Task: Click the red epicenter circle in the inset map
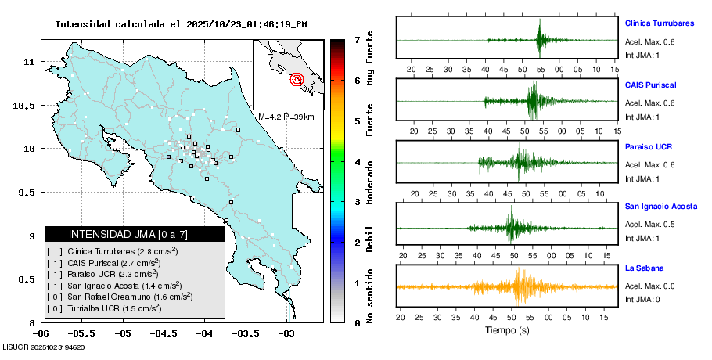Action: (x=297, y=78)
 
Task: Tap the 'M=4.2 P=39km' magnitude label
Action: (x=286, y=117)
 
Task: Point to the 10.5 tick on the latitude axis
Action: (x=29, y=105)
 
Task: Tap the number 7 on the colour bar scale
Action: (x=357, y=39)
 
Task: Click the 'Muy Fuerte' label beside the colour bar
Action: (x=370, y=59)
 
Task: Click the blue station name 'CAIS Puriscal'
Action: (x=650, y=85)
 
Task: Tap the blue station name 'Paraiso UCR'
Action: (x=649, y=146)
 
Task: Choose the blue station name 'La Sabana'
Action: (x=644, y=268)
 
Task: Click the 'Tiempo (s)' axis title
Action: (x=508, y=331)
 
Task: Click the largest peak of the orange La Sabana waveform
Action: (x=519, y=286)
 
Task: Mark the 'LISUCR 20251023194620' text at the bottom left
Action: (x=44, y=347)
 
